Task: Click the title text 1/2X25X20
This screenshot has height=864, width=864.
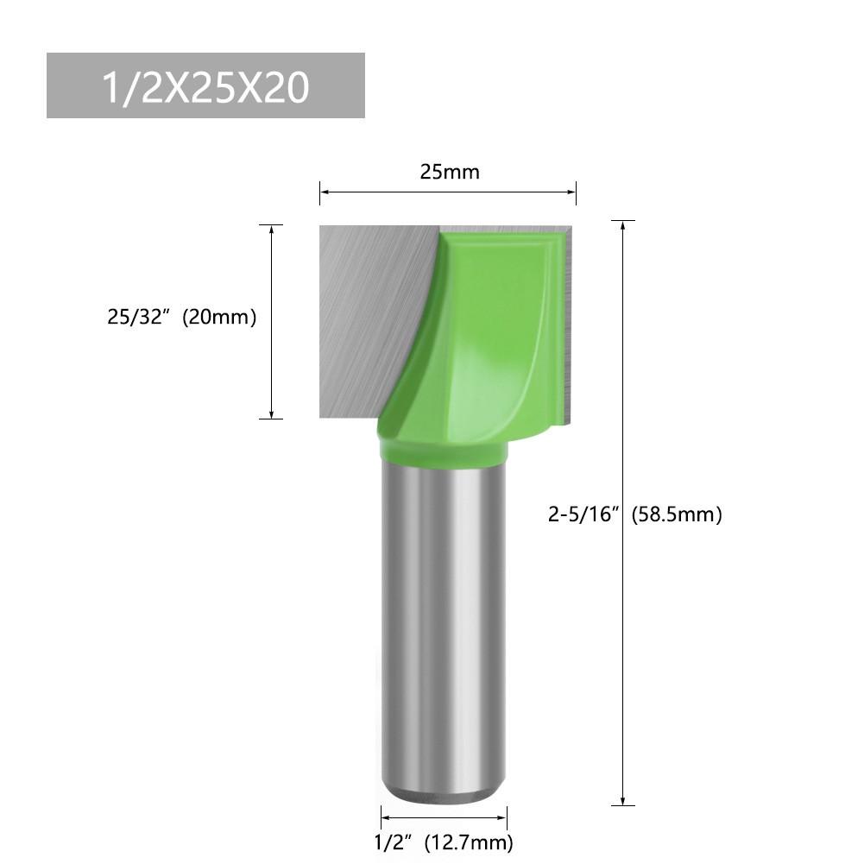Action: [x=205, y=87]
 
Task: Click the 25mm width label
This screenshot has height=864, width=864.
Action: [x=449, y=172]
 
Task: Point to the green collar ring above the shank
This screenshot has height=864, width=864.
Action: [x=442, y=451]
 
